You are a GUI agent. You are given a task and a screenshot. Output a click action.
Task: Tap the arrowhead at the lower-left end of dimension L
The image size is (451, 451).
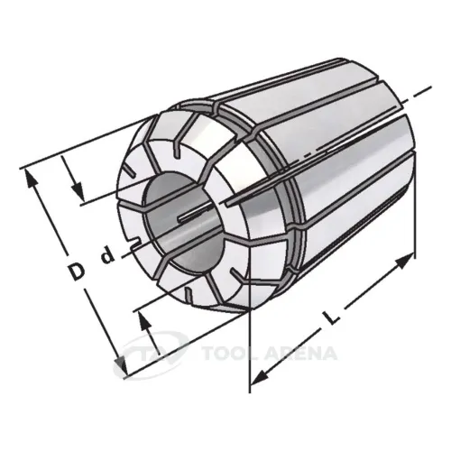pos(258,376)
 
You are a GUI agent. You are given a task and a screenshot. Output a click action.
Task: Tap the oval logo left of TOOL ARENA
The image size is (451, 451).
pos(149,352)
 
